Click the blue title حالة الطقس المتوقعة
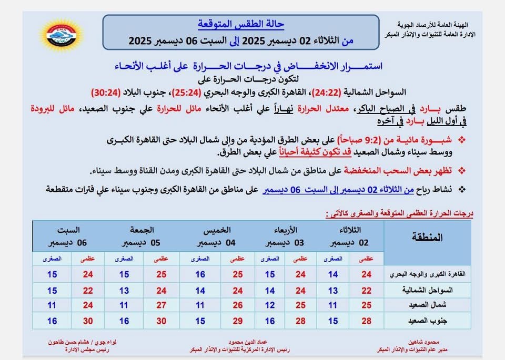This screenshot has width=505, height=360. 240,24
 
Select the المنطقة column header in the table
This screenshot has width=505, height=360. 428,237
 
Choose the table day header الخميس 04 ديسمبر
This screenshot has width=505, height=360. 216,236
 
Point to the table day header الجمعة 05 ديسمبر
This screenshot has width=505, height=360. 142,236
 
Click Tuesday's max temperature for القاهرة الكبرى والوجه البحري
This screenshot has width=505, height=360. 367,274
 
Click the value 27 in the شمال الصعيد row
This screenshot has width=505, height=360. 161,305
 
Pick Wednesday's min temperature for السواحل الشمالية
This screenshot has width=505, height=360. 270,290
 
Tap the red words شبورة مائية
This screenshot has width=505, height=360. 425,141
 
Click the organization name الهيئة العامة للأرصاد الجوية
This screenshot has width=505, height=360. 439,25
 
